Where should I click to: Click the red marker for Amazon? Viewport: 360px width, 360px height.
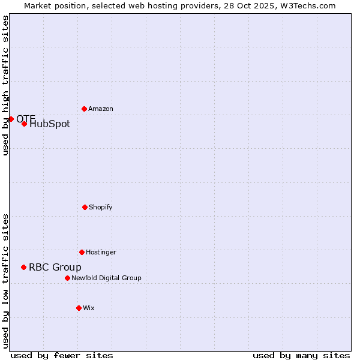point(84,109)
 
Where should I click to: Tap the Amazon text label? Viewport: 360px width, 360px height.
point(101,109)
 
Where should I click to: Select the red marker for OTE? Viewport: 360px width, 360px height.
point(11,119)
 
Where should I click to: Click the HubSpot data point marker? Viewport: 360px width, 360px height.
point(24,124)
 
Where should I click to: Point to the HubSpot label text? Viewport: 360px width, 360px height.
point(50,124)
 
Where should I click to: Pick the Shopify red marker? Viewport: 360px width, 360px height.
point(85,207)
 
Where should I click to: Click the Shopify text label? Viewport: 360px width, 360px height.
point(101,208)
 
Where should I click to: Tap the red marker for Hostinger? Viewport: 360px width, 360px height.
point(82,252)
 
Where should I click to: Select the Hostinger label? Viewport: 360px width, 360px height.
point(101,253)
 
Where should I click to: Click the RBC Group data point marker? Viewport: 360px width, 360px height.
point(23,267)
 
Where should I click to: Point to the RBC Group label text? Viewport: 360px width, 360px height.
point(55,268)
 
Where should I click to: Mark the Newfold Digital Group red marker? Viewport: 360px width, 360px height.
point(67,278)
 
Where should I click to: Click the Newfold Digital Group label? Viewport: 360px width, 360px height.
point(106,278)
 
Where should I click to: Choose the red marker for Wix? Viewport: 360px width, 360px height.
point(79,308)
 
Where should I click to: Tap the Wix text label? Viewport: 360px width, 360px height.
point(89,308)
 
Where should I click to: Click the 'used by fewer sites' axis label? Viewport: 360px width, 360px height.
point(62,356)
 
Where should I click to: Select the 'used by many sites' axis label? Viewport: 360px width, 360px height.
point(301,356)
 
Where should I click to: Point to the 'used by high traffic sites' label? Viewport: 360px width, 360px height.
point(5,85)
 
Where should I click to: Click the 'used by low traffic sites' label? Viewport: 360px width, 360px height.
point(5,281)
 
